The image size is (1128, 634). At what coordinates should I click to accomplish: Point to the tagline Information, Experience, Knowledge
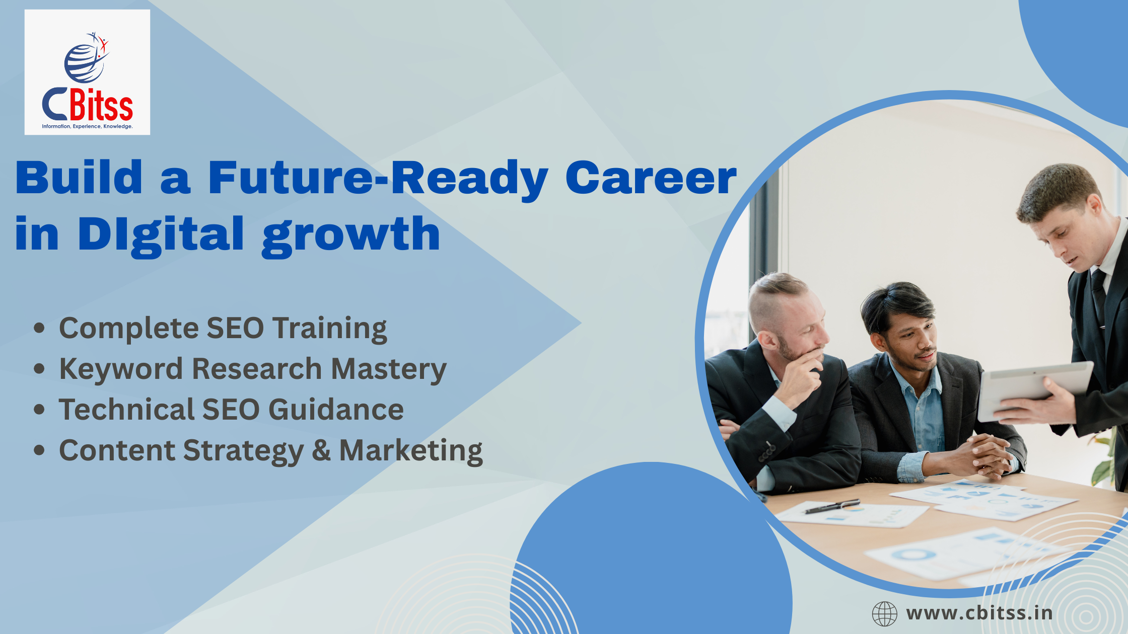click(x=87, y=126)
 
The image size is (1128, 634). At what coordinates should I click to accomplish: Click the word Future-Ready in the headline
click(x=378, y=177)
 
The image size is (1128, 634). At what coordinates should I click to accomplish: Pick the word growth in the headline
click(x=351, y=235)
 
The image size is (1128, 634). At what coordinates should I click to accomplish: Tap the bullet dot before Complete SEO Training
click(x=39, y=328)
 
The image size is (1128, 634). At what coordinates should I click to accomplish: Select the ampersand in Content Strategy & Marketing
click(x=321, y=450)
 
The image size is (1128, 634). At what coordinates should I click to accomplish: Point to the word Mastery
click(x=389, y=369)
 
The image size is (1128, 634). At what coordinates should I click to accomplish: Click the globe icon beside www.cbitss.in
click(x=885, y=614)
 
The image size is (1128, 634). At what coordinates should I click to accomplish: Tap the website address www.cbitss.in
click(x=979, y=613)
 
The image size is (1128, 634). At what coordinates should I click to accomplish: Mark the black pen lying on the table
click(x=832, y=506)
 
